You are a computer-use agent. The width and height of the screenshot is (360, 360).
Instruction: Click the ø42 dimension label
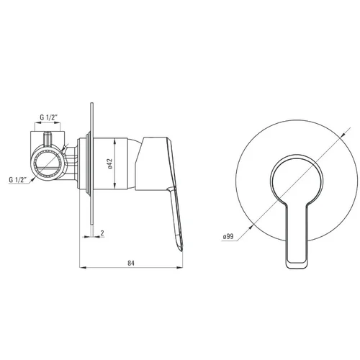[x=110, y=163]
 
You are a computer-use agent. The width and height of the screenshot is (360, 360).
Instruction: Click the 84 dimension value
[x=131, y=263]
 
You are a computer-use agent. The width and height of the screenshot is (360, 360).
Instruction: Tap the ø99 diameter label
[x=228, y=236]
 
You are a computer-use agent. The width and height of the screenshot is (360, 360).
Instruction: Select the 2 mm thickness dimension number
[x=102, y=233]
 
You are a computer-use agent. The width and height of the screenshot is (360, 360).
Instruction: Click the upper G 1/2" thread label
[x=49, y=117]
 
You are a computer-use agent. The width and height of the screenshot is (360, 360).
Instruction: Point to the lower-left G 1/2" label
[x=18, y=179]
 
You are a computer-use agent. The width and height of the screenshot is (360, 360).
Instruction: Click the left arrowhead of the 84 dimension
[x=83, y=267]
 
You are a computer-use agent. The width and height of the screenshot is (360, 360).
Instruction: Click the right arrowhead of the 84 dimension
[x=179, y=267]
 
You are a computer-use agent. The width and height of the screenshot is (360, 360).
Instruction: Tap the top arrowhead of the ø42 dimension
[x=114, y=142]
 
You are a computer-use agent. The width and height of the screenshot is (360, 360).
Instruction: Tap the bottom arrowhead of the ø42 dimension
[x=114, y=186]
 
